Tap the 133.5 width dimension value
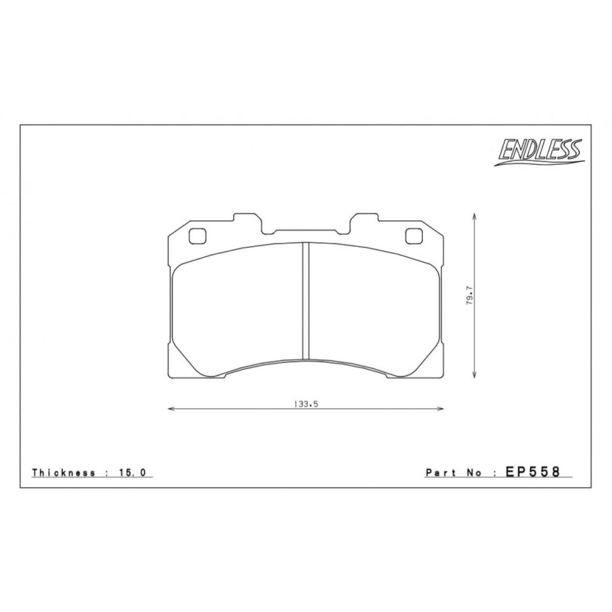[x=306, y=404]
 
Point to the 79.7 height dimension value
[x=470, y=296]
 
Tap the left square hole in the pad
[x=197, y=237]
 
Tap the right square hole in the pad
[x=415, y=237]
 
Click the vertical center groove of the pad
[x=306, y=301]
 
